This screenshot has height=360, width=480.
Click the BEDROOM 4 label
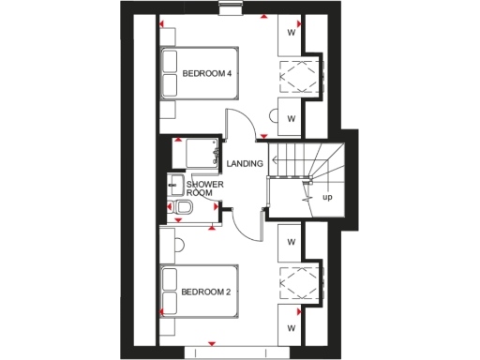pyautogui.click(x=207, y=72)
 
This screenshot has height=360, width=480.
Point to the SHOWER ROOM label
pyautogui.click(x=205, y=187)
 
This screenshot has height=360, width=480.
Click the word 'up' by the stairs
pyautogui.click(x=327, y=198)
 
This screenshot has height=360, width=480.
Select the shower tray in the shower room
pyautogui.click(x=199, y=150)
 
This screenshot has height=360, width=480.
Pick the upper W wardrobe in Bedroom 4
pyautogui.click(x=292, y=33)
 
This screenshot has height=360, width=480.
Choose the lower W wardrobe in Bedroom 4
pyautogui.click(x=292, y=118)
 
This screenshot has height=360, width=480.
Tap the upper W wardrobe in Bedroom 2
pyautogui.click(x=292, y=243)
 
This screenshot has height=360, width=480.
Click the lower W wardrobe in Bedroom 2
pyautogui.click(x=292, y=328)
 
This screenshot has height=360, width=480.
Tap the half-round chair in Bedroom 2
pyautogui.click(x=179, y=246)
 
